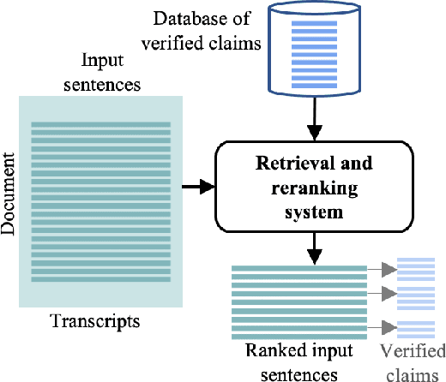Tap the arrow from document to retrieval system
coord(199,185)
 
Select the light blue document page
coord(100,200)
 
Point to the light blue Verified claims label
coord(413,361)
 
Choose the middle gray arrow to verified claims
coord(383,294)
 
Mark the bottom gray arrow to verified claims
coord(383,325)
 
